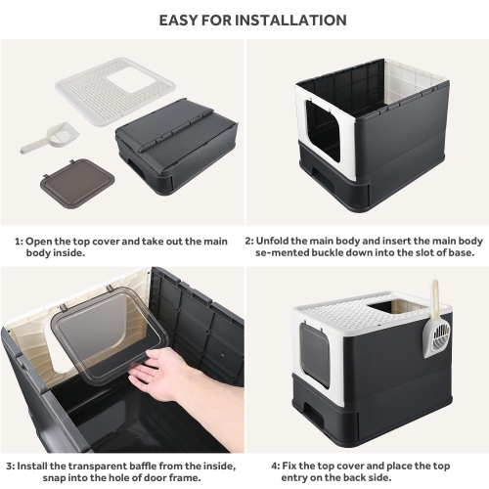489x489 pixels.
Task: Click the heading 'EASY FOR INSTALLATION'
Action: tap(244, 20)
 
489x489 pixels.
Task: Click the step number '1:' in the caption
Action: tap(19, 240)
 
